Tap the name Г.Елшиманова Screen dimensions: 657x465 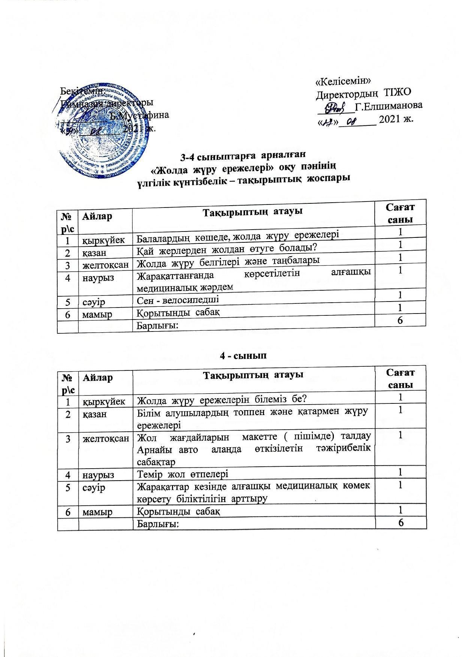coord(389,106)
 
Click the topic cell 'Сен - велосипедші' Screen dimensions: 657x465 coord(178,300)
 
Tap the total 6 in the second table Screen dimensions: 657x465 coord(401,523)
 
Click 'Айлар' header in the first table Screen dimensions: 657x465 coord(98,216)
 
